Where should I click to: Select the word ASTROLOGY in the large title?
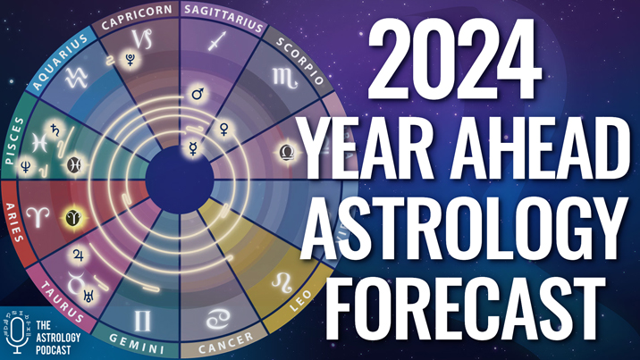tap(465, 228)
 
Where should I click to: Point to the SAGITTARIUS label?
tap(223, 18)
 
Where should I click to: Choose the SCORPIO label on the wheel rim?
tap(300, 61)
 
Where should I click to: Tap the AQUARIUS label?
tap(60, 62)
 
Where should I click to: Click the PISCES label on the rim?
tap(14, 140)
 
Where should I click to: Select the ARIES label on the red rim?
tap(13, 222)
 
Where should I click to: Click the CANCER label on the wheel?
tap(226, 343)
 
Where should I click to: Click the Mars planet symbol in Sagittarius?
tap(198, 94)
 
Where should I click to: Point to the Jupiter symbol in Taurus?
tap(78, 255)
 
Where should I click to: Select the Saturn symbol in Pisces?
tap(55, 130)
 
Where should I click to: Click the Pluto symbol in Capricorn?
tap(131, 60)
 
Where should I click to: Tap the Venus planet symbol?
tap(224, 130)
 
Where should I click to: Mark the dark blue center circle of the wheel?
tap(180, 180)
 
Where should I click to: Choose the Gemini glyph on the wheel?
tap(142, 321)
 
